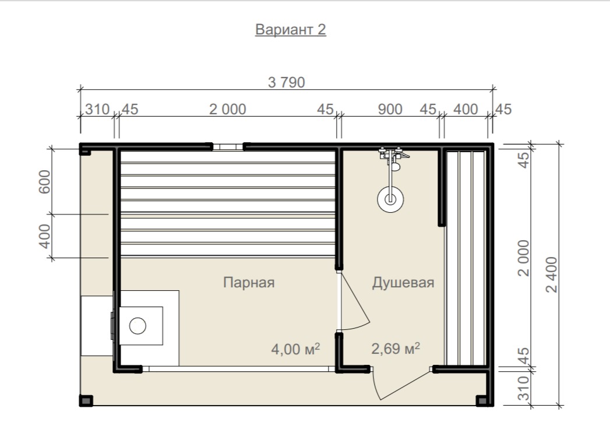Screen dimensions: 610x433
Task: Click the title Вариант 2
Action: click(x=291, y=30)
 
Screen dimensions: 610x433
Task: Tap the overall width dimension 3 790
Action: click(x=287, y=83)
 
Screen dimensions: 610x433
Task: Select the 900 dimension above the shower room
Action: click(x=390, y=110)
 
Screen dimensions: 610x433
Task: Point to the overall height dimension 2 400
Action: click(x=552, y=274)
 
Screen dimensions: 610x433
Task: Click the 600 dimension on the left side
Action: click(x=45, y=182)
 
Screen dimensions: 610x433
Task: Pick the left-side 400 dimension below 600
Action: click(x=45, y=236)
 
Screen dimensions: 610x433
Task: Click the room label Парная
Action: click(x=249, y=283)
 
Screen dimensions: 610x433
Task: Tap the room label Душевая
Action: click(x=403, y=283)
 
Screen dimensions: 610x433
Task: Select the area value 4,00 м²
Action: click(x=295, y=349)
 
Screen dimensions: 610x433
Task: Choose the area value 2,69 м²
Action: click(x=395, y=348)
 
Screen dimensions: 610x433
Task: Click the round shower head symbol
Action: click(x=390, y=199)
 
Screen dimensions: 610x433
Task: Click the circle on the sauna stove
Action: click(x=137, y=326)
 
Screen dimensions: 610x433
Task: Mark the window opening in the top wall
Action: click(x=228, y=147)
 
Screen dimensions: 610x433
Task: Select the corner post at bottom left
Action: click(x=86, y=401)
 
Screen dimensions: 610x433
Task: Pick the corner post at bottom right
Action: click(x=482, y=401)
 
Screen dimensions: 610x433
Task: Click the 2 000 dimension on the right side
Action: click(x=524, y=258)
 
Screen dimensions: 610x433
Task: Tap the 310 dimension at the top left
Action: click(x=97, y=110)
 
